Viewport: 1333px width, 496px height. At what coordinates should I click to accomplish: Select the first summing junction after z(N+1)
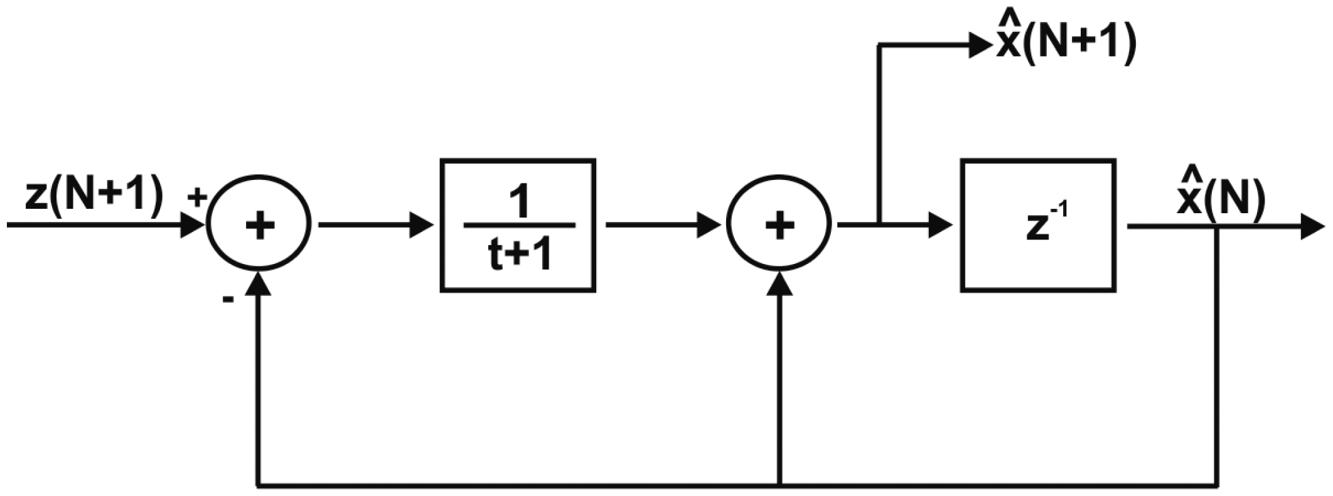point(259,224)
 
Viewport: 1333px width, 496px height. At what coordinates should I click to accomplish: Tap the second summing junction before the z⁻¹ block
point(779,224)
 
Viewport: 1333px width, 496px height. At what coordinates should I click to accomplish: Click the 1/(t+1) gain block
point(518,226)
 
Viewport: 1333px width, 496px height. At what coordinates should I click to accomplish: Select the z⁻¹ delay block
point(1038,226)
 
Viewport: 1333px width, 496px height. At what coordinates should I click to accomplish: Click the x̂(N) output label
point(1220,196)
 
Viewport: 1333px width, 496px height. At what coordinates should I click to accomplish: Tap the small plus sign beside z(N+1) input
point(196,198)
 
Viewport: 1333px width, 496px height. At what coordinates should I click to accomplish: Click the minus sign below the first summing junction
point(228,300)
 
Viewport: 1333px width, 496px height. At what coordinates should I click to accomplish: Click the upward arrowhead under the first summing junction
point(259,284)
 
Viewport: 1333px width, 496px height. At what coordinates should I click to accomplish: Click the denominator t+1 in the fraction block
point(520,255)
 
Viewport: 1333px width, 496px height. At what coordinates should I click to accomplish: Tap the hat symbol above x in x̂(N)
point(1189,173)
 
